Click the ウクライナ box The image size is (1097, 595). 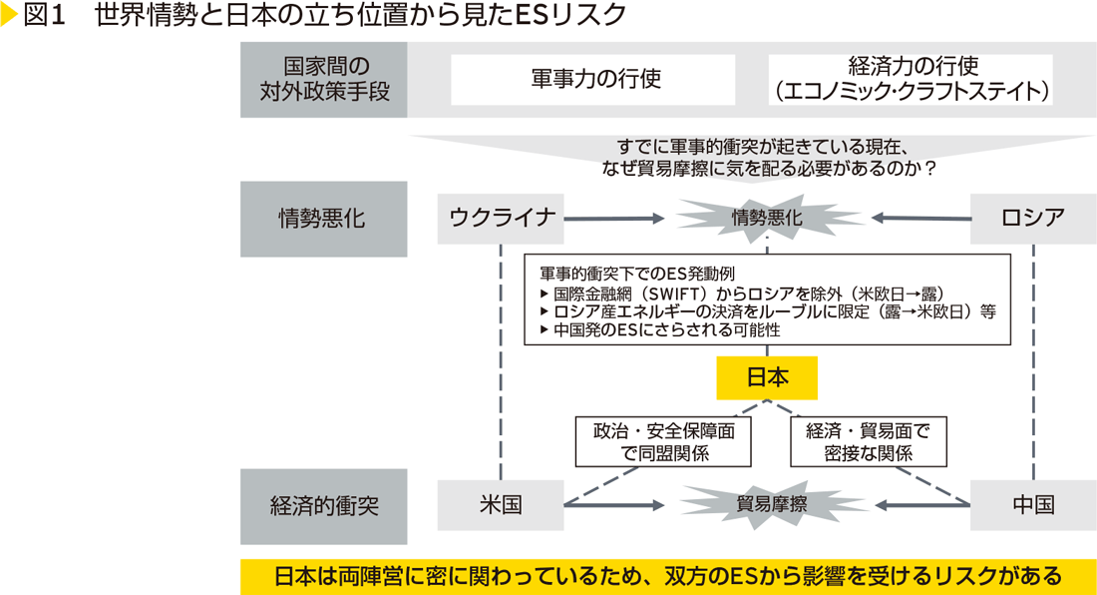coord(501,218)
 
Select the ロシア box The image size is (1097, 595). coord(1033,218)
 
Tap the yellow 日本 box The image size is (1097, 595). coord(767,377)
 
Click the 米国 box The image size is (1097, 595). coord(501,504)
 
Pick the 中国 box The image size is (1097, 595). coord(1033,504)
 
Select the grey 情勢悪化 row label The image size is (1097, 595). coord(323,219)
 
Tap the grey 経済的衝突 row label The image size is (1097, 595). coord(323,505)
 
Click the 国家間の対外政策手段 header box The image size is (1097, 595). coord(323,81)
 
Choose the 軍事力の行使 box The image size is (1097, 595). coord(593,80)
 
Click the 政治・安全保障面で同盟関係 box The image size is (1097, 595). coord(663,441)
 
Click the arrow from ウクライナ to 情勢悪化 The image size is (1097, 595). coord(613,218)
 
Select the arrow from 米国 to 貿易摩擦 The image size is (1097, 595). coord(613,505)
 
